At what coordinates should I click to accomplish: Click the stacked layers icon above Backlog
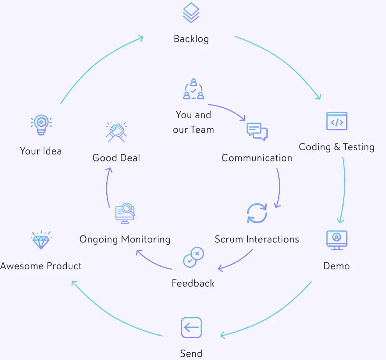(x=191, y=13)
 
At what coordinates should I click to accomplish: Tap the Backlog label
(x=191, y=39)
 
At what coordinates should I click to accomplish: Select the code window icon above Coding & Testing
(x=337, y=121)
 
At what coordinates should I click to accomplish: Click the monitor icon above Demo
(x=337, y=240)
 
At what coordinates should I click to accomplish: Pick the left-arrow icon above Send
(x=191, y=328)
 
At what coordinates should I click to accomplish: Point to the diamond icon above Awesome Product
(x=41, y=241)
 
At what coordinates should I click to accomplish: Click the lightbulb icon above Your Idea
(x=41, y=125)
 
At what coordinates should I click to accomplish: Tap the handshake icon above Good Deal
(x=116, y=132)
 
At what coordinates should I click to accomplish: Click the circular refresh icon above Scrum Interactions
(x=257, y=213)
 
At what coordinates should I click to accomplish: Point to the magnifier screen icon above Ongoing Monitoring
(x=125, y=213)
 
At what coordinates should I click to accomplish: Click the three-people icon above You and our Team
(x=194, y=89)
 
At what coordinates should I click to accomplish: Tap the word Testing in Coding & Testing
(x=358, y=147)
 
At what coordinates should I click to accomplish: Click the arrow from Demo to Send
(x=273, y=317)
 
